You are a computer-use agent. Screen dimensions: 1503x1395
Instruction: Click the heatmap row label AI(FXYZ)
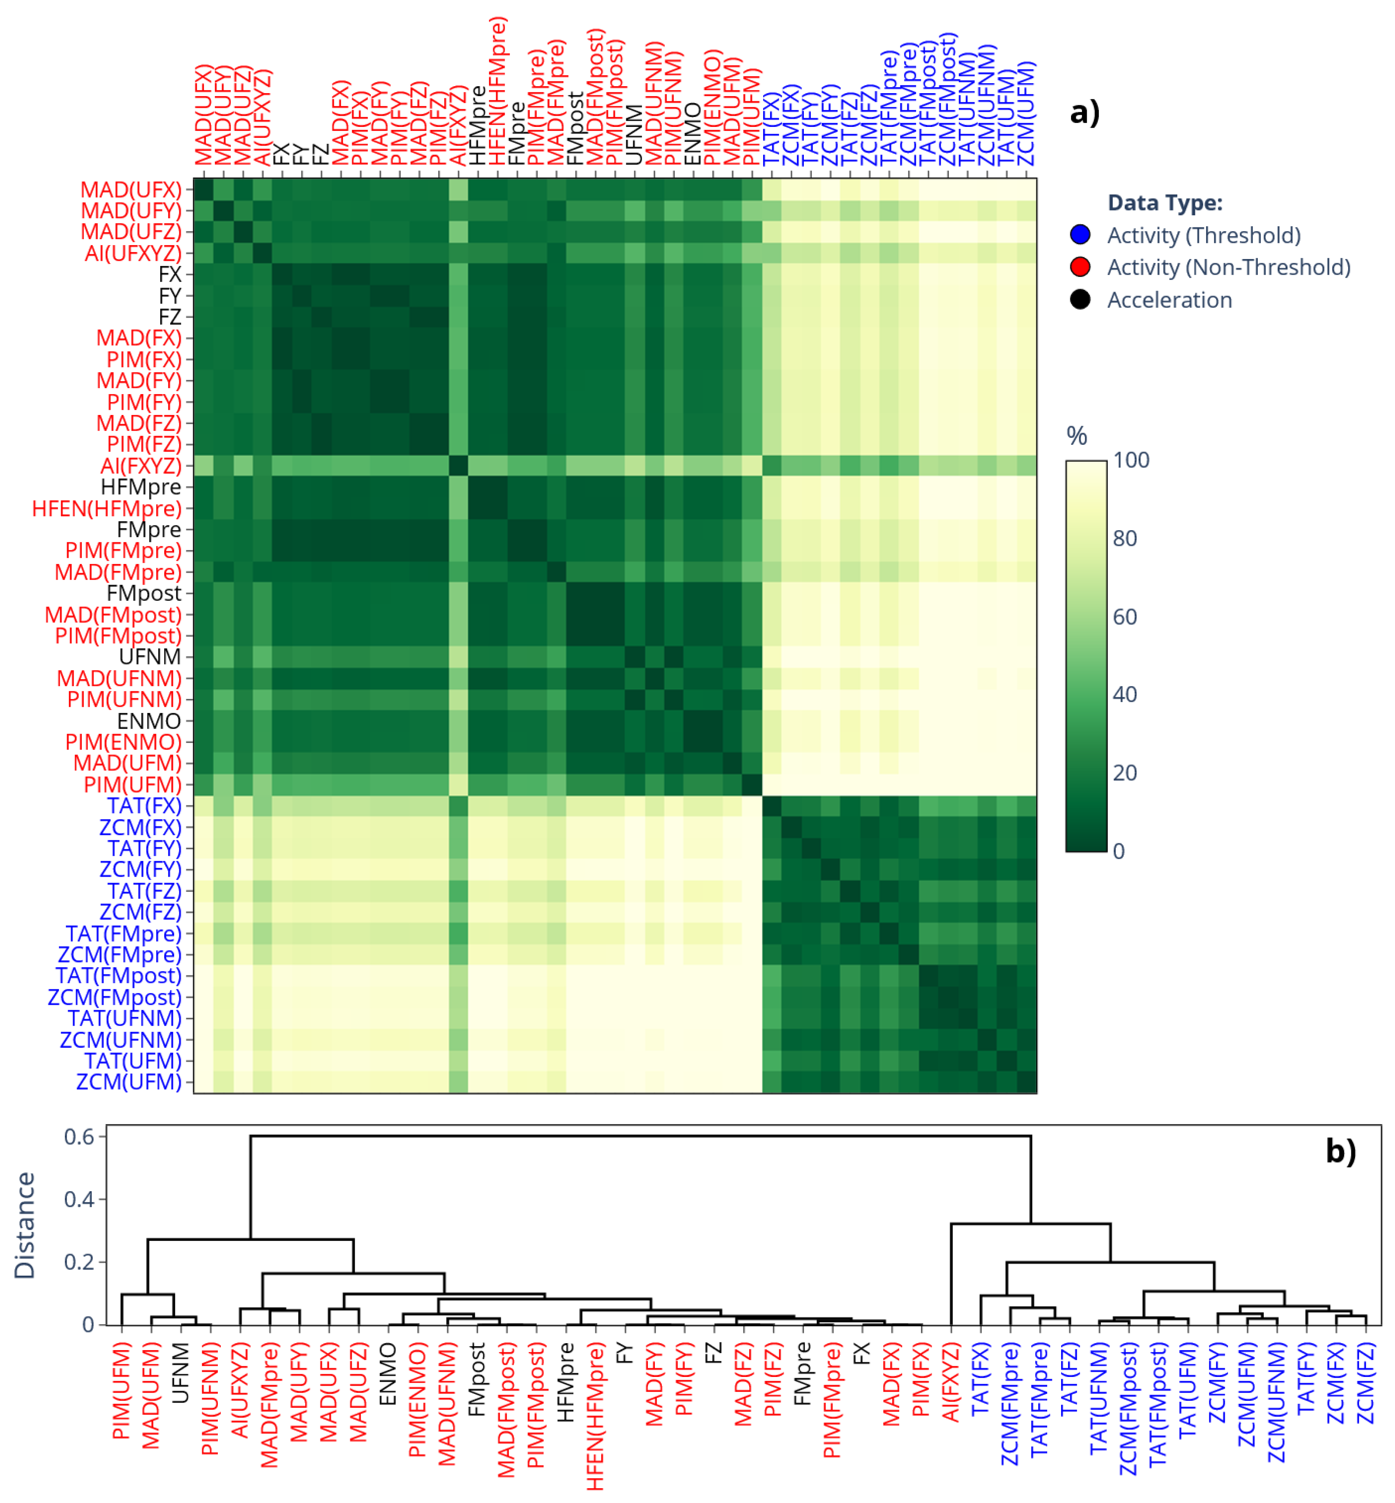(141, 466)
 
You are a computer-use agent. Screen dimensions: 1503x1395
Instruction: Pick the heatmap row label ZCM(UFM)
(129, 1081)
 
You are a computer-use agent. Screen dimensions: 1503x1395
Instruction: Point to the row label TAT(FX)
(144, 806)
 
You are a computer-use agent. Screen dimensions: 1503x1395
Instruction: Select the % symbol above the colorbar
(1076, 436)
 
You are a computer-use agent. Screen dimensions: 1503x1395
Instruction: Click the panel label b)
(1341, 1151)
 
